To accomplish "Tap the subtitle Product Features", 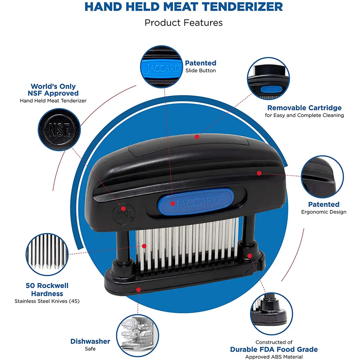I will coord(183,23).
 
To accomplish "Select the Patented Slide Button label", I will coord(201,66).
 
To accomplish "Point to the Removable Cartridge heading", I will coord(304,108).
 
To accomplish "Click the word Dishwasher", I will coord(90,341).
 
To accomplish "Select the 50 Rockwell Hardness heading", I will coord(47,290).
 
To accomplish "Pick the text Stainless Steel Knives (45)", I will coord(47,301).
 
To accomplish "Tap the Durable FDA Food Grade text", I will coord(274,349).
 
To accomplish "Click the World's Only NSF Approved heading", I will coord(53,90).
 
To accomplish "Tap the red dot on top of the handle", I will coord(197,137).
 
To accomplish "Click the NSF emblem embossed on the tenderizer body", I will coord(120,213).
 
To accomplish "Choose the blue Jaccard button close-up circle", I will coord(162,67).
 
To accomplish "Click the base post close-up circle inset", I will coord(271,313).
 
